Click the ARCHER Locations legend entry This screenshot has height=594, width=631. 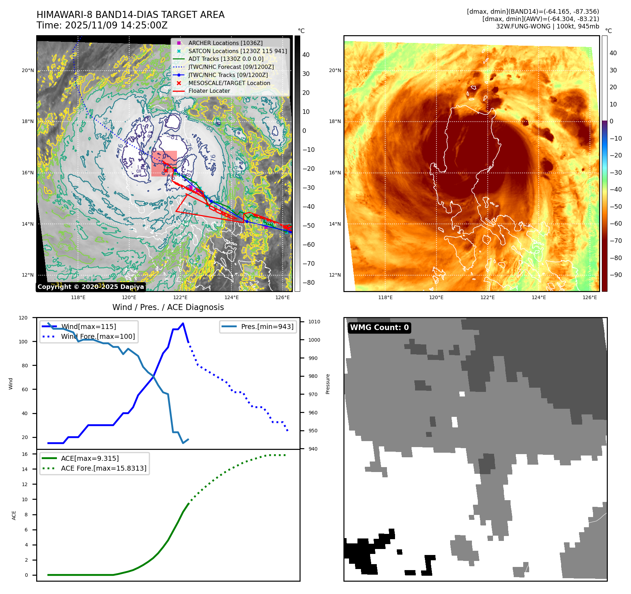pos(225,43)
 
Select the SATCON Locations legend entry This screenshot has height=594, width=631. pos(237,51)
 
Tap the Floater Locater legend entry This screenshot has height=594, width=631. pos(209,91)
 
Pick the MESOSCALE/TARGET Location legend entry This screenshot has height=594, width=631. pos(229,83)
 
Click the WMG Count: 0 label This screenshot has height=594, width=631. pos(379,328)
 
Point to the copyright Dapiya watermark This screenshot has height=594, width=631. pos(91,287)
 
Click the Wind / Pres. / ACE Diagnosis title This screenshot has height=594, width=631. pos(168,307)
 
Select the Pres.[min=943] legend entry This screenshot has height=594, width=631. pos(267,327)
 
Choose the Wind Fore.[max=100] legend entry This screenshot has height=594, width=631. pos(98,336)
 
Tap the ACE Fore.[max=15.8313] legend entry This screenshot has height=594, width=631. pos(104,468)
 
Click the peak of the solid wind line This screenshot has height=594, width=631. pos(183,323)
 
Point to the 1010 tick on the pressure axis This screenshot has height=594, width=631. pos(314,322)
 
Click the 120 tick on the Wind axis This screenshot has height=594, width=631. pos(23,318)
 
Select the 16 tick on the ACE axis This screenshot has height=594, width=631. pos(25,454)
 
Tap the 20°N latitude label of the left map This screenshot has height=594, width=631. pos(28,70)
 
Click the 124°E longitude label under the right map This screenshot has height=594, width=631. pos(539,297)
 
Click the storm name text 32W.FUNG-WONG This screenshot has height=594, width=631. pos(523,26)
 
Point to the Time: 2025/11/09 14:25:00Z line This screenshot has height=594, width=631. pos(102,25)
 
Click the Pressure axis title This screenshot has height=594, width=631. pos(328,384)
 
